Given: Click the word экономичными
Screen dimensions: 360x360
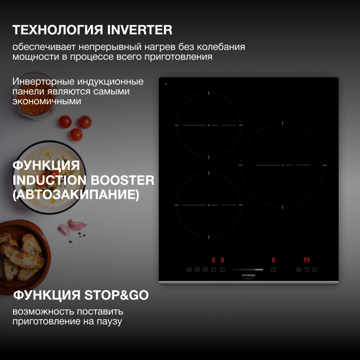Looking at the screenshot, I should (47, 101).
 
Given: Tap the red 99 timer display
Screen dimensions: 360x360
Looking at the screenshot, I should (306, 260).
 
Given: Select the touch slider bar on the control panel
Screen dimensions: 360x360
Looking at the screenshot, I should (248, 270).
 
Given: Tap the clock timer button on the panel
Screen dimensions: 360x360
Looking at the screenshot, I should (306, 270).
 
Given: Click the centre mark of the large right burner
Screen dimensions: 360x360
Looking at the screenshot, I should (283, 165).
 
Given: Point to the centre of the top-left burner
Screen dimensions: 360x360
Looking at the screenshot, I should (209, 125).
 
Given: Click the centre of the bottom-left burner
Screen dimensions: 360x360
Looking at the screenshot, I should (209, 205).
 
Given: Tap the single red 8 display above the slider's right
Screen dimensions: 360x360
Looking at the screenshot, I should (273, 260).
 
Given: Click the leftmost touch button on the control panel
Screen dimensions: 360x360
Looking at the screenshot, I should (189, 270).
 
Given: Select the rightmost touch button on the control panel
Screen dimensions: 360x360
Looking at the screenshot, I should (315, 270).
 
